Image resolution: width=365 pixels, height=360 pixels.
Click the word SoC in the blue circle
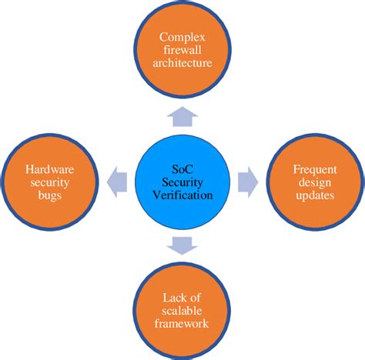(183, 170)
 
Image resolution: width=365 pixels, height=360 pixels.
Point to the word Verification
(183, 195)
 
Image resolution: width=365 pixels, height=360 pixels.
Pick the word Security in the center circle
(183, 183)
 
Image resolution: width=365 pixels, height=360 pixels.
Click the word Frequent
(314, 170)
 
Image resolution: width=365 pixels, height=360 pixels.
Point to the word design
(314, 183)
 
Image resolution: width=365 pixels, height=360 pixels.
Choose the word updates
(314, 195)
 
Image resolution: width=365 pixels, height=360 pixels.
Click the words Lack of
(182, 298)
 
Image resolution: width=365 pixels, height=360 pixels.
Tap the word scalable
(182, 312)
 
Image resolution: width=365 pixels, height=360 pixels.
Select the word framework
(182, 325)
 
